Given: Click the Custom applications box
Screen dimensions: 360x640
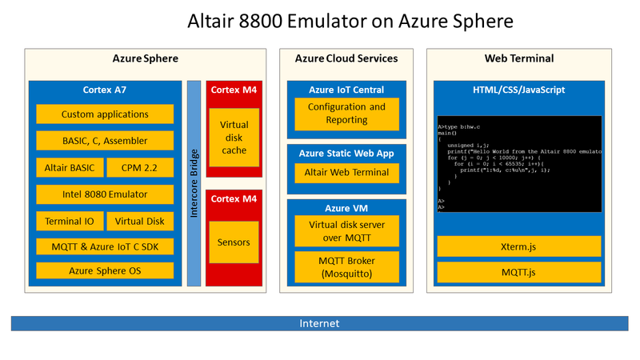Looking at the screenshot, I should click(105, 114).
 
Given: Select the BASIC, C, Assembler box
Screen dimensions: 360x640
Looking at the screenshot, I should click(105, 141).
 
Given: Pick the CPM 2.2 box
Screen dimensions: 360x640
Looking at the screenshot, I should click(139, 167).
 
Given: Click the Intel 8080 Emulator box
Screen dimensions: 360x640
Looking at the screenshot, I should click(105, 194).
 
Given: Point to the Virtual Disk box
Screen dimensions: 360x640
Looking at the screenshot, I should click(139, 221).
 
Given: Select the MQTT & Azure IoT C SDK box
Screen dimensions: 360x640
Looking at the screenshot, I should click(105, 246).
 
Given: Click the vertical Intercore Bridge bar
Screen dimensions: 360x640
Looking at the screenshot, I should click(194, 182).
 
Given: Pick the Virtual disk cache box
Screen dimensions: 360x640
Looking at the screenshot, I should click(234, 138).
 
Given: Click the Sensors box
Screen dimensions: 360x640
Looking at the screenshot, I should click(234, 242).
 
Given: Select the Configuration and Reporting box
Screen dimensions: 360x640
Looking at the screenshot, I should click(346, 113).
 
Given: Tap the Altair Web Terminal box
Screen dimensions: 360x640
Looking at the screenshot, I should click(346, 172).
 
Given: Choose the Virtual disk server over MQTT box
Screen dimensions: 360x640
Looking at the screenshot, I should click(346, 231).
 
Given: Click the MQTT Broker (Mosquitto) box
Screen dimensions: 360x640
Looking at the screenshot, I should click(346, 266).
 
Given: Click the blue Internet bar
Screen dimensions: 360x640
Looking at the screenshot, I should click(319, 323).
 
